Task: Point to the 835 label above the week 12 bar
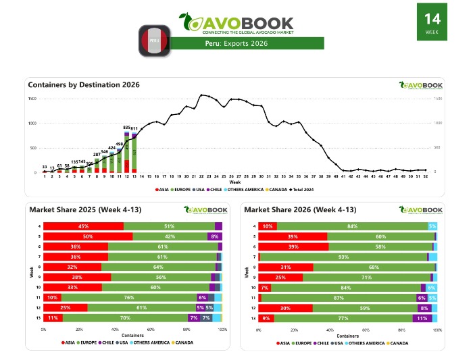127,127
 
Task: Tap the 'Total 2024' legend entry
270,190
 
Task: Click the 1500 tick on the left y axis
32,99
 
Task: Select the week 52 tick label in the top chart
424,177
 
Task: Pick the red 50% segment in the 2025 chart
88,236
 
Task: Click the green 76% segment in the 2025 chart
128,297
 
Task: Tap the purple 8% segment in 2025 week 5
215,236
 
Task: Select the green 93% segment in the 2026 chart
343,257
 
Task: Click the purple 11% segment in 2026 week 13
423,317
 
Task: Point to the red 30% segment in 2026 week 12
285,307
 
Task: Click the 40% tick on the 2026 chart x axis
330,330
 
